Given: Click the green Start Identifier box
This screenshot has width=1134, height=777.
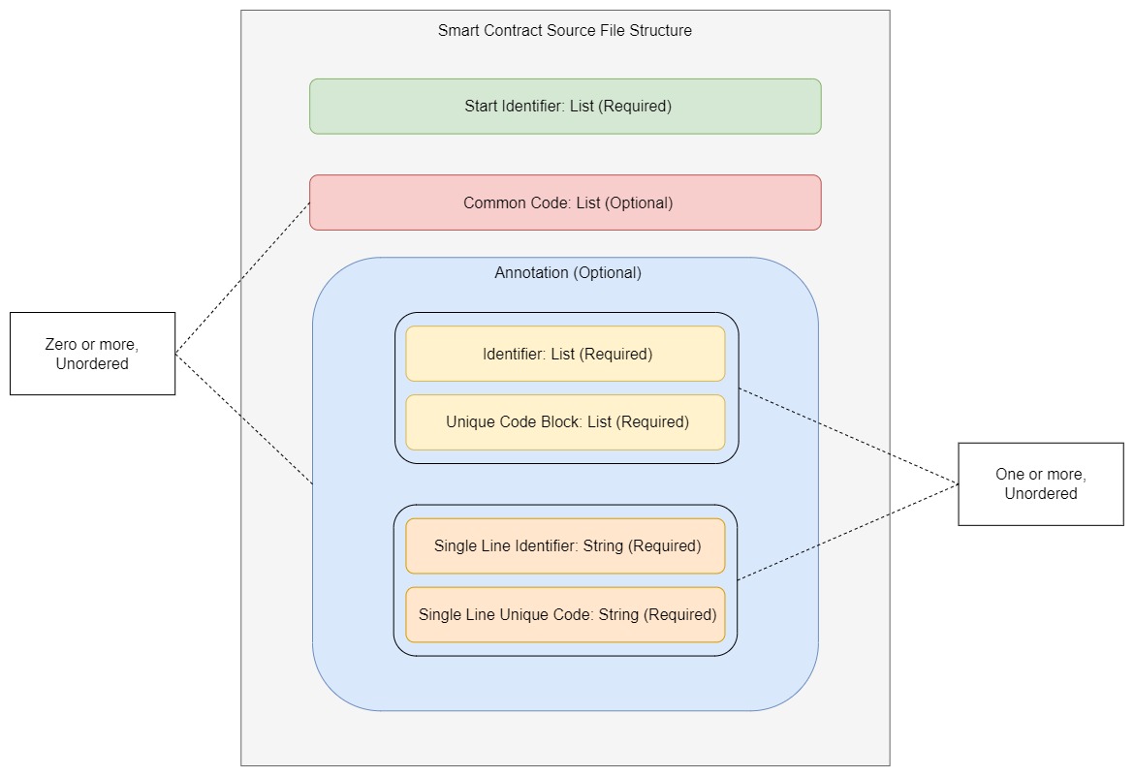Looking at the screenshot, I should (x=565, y=107).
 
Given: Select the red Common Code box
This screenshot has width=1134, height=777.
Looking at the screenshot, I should (x=565, y=202).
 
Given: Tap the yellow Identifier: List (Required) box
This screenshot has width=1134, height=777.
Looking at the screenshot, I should (x=565, y=354).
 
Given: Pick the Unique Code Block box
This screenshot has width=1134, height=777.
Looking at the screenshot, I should (x=565, y=422).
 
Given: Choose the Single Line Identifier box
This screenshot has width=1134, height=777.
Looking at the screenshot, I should (x=565, y=546).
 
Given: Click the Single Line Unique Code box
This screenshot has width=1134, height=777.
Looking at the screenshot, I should (x=565, y=614).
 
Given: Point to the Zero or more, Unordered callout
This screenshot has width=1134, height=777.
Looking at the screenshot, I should (x=92, y=354).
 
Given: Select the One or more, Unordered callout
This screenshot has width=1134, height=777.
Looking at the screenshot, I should (x=1041, y=483).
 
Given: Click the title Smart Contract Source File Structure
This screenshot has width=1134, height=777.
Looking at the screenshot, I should (x=565, y=30).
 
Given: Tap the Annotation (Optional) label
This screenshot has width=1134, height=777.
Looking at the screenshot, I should (x=568, y=272).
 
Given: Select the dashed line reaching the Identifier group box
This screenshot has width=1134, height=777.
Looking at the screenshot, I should (x=848, y=436).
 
